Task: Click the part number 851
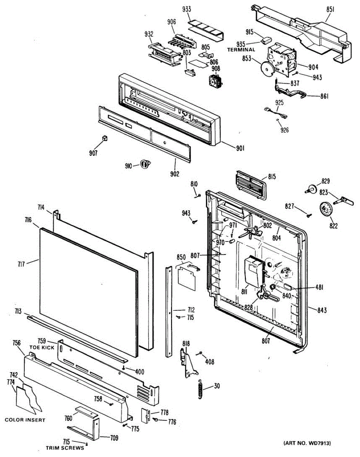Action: [x=330, y=10]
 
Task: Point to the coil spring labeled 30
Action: [x=200, y=388]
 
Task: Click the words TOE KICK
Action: [x=42, y=347]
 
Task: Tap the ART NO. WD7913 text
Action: [x=307, y=443]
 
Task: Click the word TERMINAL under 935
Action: [x=241, y=50]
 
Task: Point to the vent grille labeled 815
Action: [x=251, y=185]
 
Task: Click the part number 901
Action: [x=241, y=148]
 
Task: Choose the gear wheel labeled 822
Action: [x=326, y=209]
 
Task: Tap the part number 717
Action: [x=22, y=264]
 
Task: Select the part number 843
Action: [x=322, y=310]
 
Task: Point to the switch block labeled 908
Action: [x=215, y=82]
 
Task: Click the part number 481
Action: [x=319, y=288]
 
